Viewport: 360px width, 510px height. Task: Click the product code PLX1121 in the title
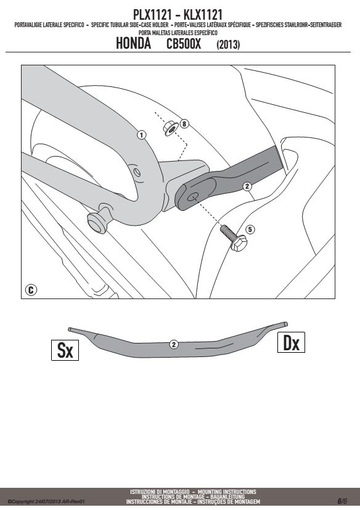152,14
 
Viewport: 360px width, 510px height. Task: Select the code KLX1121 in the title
203,14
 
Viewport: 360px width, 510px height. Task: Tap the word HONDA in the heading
133,44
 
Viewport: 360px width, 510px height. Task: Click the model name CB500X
184,44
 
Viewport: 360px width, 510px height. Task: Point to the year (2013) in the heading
228,44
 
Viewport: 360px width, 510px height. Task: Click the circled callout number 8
184,123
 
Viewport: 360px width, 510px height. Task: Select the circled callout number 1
141,134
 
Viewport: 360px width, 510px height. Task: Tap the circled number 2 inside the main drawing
247,186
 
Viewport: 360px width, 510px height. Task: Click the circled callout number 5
250,229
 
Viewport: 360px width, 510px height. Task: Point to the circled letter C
31,290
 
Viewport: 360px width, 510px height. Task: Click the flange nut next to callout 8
170,128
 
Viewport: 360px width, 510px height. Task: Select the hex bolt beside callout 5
234,238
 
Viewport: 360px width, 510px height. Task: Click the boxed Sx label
65,350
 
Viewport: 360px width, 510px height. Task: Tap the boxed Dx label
291,342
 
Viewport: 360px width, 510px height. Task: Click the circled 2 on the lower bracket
174,345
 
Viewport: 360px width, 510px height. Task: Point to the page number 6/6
342,501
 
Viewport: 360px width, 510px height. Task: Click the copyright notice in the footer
46,501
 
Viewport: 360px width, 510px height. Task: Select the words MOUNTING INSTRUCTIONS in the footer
227,491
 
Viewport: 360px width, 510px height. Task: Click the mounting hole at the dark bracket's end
193,197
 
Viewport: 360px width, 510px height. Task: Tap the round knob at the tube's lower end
97,224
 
